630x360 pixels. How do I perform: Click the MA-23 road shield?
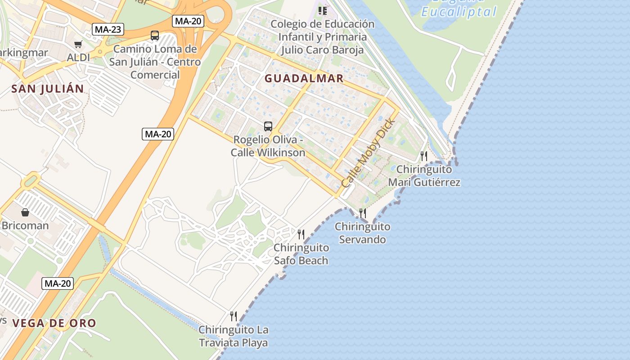pyautogui.click(x=108, y=30)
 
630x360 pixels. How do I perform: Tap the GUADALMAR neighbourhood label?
pyautogui.click(x=304, y=78)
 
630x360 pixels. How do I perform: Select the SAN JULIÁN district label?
pyautogui.click(x=48, y=89)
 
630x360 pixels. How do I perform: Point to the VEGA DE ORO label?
pyautogui.click(x=54, y=323)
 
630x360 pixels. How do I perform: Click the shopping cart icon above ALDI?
pyautogui.click(x=78, y=44)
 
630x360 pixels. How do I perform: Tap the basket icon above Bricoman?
pyautogui.click(x=25, y=212)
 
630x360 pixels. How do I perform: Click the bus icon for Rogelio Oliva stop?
pyautogui.click(x=268, y=126)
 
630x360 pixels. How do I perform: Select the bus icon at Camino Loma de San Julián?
pyautogui.click(x=155, y=35)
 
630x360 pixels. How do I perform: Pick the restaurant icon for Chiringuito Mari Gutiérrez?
pyautogui.click(x=423, y=156)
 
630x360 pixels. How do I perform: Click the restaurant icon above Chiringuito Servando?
pyautogui.click(x=362, y=213)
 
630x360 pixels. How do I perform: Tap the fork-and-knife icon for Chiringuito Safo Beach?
pyautogui.click(x=301, y=234)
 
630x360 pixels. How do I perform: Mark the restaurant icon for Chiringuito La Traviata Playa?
pyautogui.click(x=233, y=316)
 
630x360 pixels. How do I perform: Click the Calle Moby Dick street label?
pyautogui.click(x=368, y=153)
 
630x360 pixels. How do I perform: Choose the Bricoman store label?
pyautogui.click(x=25, y=225)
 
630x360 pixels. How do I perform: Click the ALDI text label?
pyautogui.click(x=78, y=58)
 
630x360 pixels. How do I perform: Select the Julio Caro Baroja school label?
pyautogui.click(x=322, y=37)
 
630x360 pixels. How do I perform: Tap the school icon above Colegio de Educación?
pyautogui.click(x=322, y=10)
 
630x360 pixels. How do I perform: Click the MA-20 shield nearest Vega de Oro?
pyautogui.click(x=58, y=283)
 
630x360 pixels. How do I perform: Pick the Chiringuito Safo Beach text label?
pyautogui.click(x=301, y=254)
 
